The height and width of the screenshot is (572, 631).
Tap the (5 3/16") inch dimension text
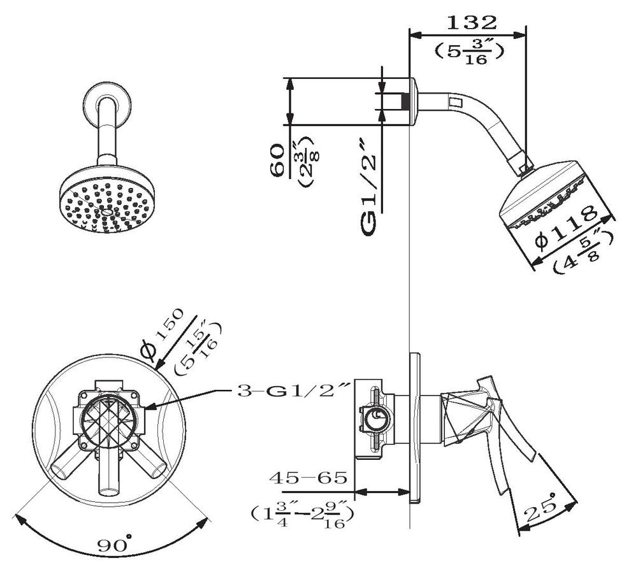(469, 52)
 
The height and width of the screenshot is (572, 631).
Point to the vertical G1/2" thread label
(368, 187)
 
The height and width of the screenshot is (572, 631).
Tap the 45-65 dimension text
(308, 478)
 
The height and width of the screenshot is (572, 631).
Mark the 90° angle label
(114, 543)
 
